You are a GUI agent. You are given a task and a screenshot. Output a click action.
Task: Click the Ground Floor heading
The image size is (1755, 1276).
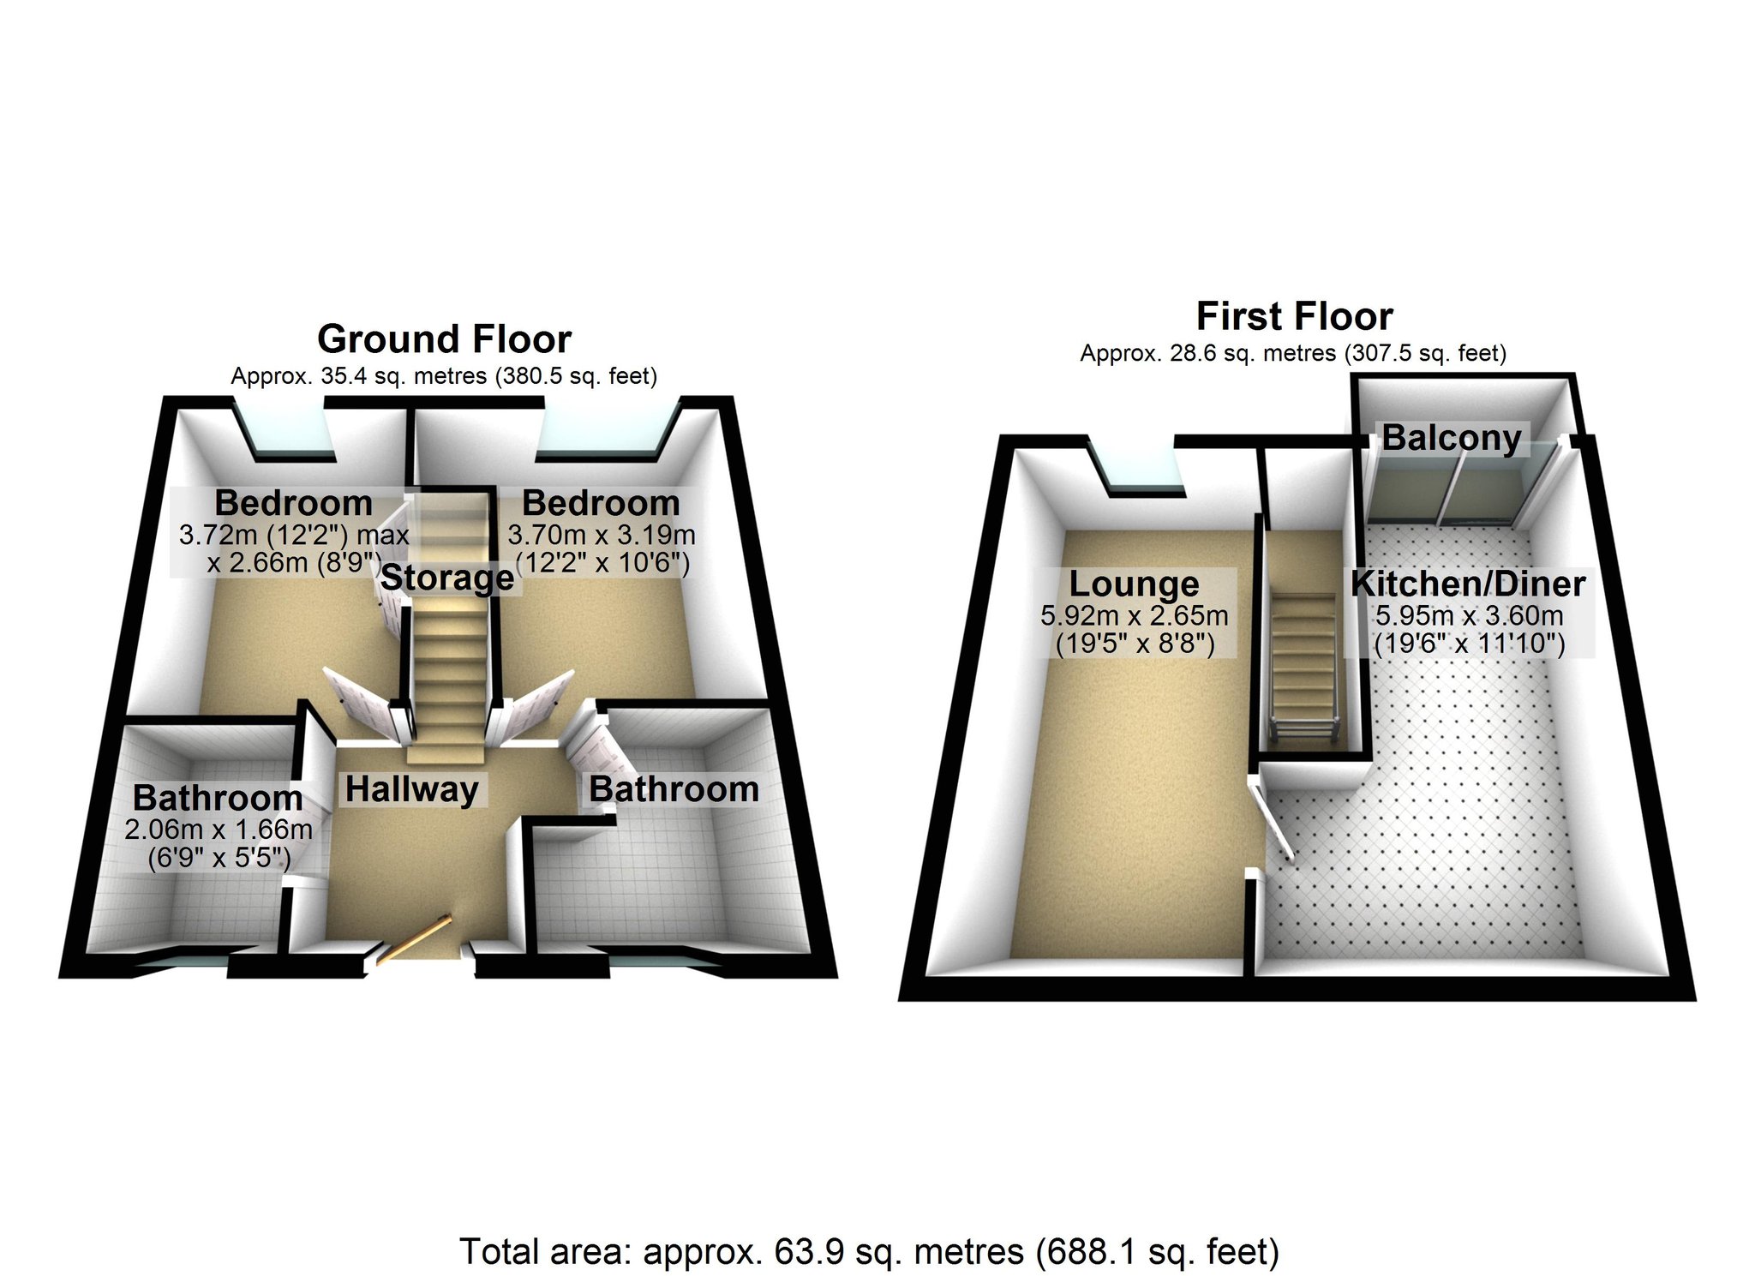point(444,339)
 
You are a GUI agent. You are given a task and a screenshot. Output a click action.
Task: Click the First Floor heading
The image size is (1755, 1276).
point(1294,316)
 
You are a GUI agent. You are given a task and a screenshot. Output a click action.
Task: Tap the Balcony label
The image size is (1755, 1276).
point(1452,438)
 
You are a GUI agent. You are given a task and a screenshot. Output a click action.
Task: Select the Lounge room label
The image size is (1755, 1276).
point(1134,584)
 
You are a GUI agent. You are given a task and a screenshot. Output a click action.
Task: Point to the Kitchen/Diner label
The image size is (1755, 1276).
point(1468,584)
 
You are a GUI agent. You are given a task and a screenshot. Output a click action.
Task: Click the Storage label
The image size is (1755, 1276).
point(447,578)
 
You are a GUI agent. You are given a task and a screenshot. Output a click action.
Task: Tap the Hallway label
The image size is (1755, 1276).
point(411,789)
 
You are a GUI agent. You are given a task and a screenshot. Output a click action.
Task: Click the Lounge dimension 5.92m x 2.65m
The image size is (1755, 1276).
point(1134,615)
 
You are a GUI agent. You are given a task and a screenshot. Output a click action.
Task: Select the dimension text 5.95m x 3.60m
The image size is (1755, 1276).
point(1469,615)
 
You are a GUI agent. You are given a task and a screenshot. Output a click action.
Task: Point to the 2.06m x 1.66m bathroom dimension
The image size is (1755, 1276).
point(218,830)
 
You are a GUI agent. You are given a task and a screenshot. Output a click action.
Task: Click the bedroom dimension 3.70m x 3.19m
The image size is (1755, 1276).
point(602,536)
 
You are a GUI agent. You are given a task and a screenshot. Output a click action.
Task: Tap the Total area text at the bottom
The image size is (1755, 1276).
point(869,1252)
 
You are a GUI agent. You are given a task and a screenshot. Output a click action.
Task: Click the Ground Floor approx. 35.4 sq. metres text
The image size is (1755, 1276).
point(444,376)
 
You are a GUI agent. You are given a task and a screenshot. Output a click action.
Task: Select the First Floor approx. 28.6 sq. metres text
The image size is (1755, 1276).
point(1293,353)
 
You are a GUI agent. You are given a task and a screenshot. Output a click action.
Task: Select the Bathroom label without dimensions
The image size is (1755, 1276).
point(674,789)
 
